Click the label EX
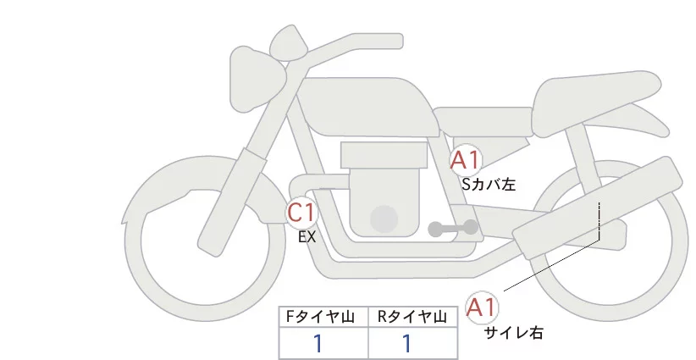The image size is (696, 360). [x=307, y=237]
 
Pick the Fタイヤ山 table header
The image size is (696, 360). [x=323, y=317]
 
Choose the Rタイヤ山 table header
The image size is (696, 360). [x=413, y=317]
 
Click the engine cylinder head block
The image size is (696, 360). [x=383, y=155]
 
